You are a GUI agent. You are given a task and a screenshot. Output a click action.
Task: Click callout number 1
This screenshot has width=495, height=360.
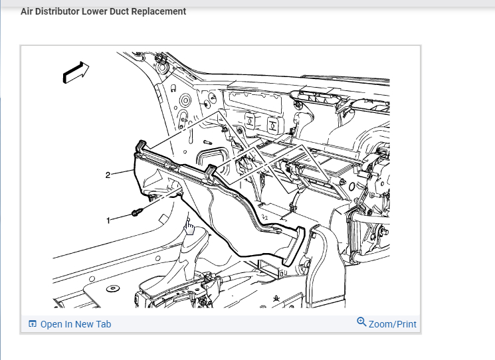coord(109,219)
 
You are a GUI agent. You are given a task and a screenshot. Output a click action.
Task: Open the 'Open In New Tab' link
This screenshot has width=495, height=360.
coord(75,324)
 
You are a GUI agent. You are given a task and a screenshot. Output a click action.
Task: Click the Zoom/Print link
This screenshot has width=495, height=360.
coord(393,324)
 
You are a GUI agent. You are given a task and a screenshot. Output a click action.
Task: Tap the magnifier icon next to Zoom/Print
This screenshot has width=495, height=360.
coord(361,322)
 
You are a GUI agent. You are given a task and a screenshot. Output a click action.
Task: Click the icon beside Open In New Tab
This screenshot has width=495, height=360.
coord(32,324)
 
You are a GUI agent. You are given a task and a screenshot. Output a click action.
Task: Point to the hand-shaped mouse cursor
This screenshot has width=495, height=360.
coord(189,228)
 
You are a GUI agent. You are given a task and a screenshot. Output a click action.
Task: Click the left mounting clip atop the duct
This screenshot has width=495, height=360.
coord(141,146)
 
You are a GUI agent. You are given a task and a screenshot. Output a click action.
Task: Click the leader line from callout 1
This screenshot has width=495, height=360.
coord(122,217)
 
